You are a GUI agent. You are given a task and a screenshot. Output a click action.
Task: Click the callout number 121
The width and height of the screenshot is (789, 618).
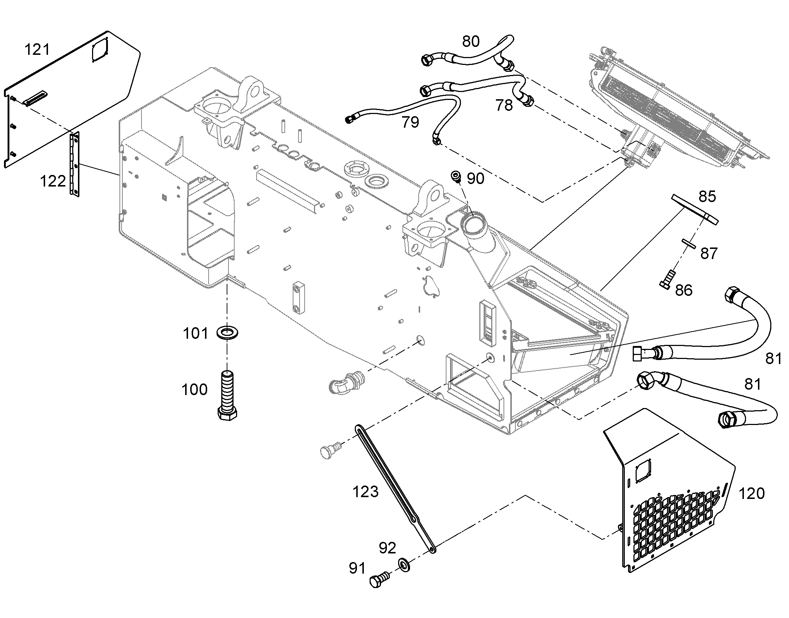point(37,49)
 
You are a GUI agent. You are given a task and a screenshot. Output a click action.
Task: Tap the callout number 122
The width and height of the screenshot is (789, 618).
point(53,181)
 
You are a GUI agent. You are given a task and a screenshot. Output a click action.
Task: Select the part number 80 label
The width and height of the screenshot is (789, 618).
point(471,41)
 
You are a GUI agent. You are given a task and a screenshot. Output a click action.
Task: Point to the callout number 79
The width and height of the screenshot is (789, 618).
point(410,122)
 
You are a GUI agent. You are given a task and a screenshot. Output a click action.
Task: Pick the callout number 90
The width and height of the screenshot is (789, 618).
point(476,178)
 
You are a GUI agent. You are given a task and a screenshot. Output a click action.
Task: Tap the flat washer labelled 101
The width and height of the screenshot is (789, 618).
point(227,332)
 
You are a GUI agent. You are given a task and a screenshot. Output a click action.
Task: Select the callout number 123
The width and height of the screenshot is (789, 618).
point(366,492)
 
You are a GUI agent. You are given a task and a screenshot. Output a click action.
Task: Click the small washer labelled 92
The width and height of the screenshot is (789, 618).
point(404,565)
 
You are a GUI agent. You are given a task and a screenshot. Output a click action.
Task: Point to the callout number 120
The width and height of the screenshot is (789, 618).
point(751,494)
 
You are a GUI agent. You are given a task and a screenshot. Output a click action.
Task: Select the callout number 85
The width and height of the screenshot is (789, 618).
point(707,197)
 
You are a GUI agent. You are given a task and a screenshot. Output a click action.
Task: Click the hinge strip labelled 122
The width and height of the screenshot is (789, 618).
point(75,164)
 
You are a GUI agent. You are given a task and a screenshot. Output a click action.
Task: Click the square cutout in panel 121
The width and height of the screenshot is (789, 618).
point(100,50)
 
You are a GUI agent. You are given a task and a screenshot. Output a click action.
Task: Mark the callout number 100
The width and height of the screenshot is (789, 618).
point(194,390)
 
